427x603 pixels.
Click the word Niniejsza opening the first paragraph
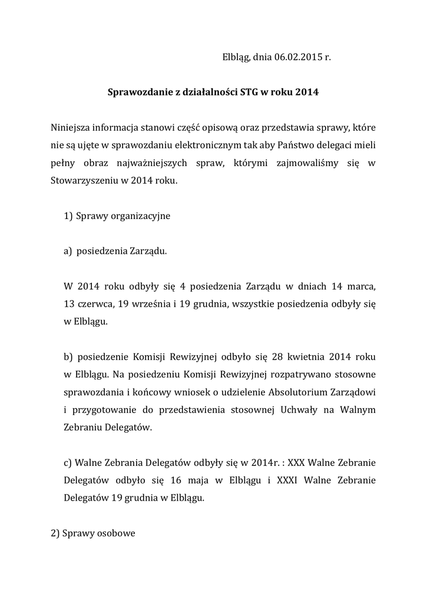(x=72, y=127)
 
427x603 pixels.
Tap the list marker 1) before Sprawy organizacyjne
(x=68, y=216)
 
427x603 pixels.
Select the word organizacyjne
(x=139, y=216)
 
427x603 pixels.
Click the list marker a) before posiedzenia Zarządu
(x=68, y=251)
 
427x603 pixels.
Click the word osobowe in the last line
(x=118, y=534)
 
